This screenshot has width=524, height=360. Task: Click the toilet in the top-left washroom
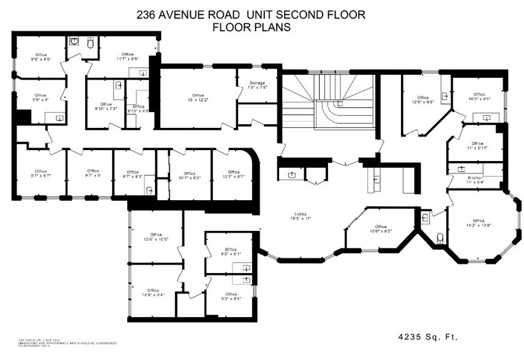(91, 43)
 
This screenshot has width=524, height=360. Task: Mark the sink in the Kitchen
(461, 168)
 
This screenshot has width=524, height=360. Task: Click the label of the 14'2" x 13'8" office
(478, 221)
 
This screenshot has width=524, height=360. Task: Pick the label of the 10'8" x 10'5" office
(155, 235)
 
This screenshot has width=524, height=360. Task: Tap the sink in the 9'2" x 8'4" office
(246, 280)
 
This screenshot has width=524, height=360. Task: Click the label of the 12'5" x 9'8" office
(422, 98)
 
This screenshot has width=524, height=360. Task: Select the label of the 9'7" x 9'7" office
(40, 171)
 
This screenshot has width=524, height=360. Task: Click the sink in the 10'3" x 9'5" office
(487, 116)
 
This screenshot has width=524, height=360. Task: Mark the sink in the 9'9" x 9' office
(59, 116)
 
